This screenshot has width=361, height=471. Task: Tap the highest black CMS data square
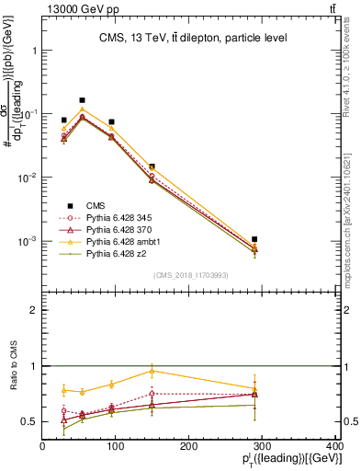click(83, 100)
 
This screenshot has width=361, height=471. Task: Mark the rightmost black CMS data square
click(254, 239)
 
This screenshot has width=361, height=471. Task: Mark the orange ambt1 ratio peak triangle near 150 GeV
click(152, 371)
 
